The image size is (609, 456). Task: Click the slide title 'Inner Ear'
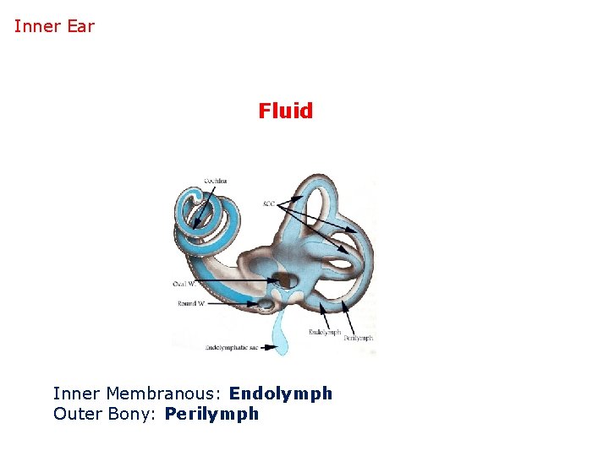coord(54,26)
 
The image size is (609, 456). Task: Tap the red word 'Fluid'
coord(285,111)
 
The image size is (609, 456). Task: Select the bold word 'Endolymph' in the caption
coord(280,394)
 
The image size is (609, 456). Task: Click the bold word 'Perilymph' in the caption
coord(211,414)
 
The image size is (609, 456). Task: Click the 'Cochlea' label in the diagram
coord(215,181)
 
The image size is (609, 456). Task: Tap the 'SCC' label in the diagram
coord(268,204)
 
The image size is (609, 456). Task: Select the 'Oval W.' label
coord(184,284)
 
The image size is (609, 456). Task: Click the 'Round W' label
coord(191,303)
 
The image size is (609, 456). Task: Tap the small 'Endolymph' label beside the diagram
coord(325,331)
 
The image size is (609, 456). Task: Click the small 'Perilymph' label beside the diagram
coord(358,338)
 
